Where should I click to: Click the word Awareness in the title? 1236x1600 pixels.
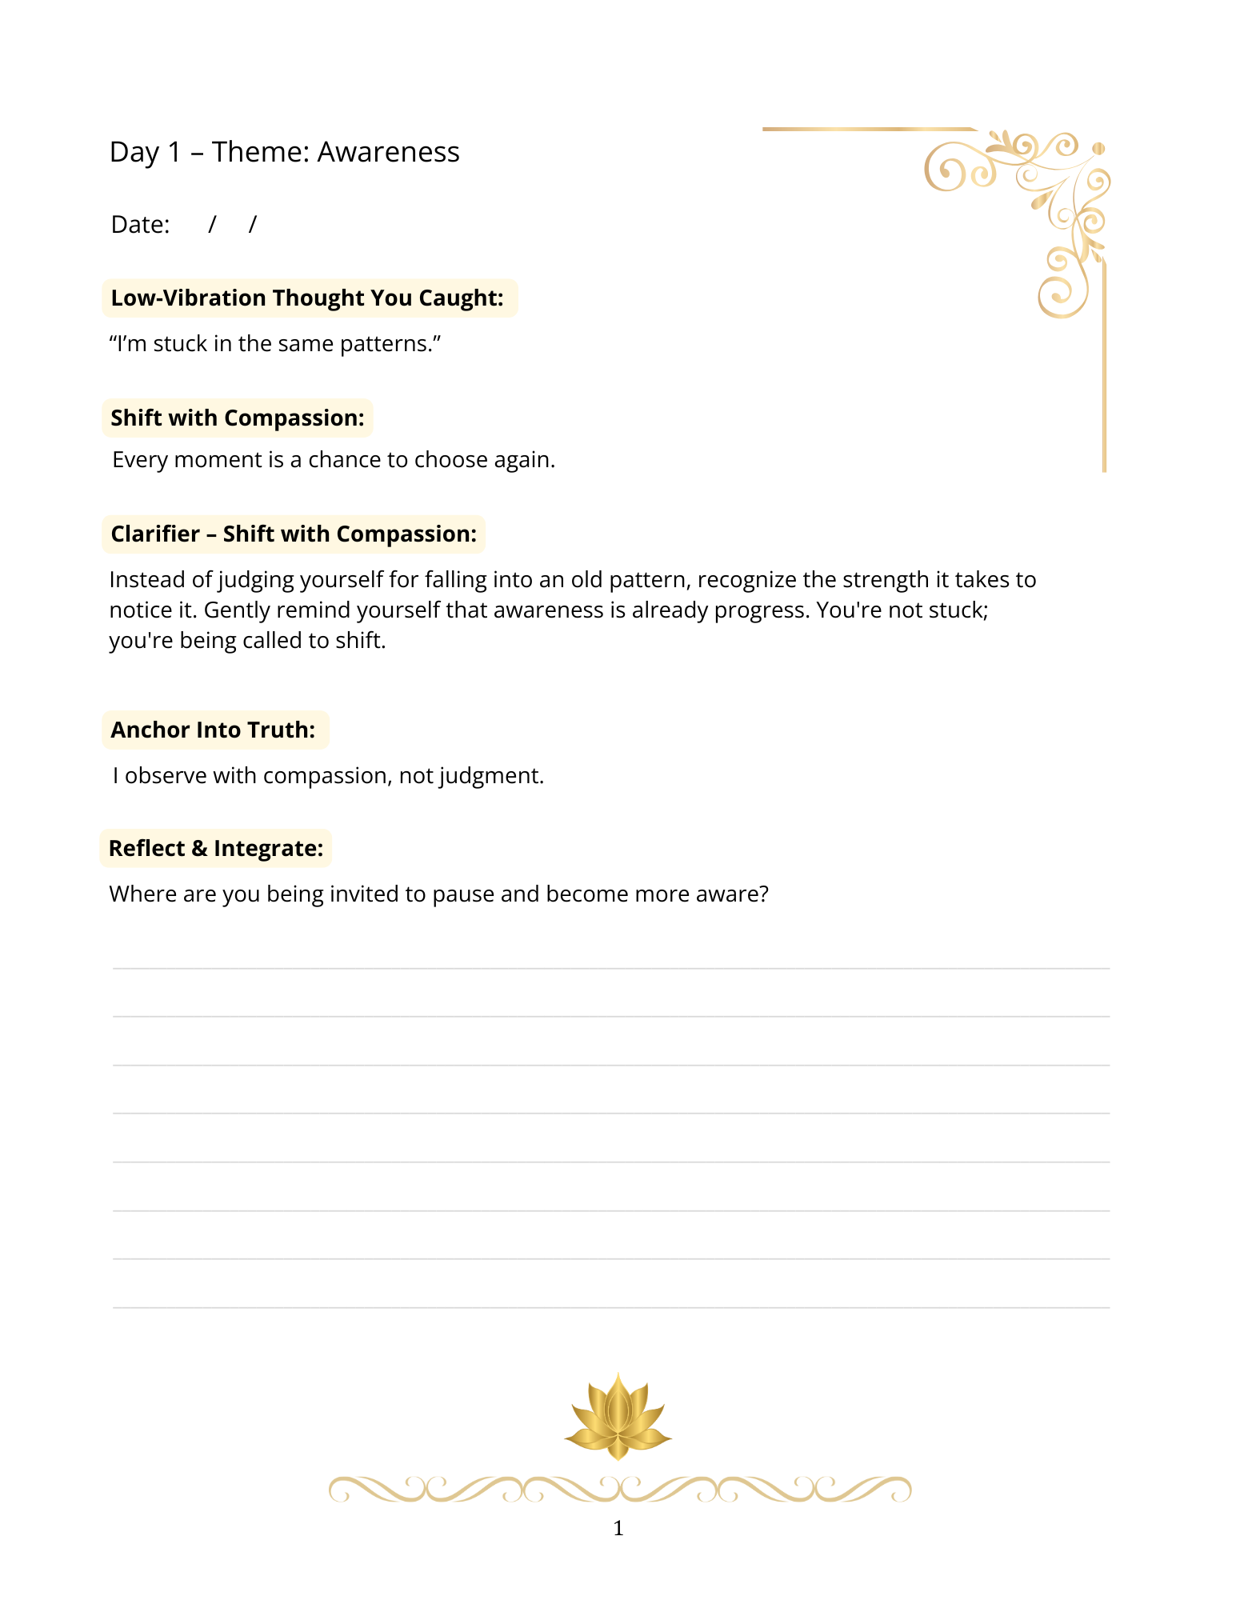pyautogui.click(x=388, y=152)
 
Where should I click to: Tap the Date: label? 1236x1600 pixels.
pyautogui.click(x=140, y=225)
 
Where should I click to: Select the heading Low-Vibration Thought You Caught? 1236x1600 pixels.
pyautogui.click(x=308, y=298)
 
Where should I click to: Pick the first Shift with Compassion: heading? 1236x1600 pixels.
pyautogui.click(x=238, y=418)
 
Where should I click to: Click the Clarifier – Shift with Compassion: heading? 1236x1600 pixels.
pyautogui.click(x=294, y=534)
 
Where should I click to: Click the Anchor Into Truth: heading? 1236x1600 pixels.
pyautogui.click(x=214, y=730)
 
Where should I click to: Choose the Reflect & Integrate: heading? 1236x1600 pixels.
pyautogui.click(x=216, y=849)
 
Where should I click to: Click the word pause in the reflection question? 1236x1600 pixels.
pyautogui.click(x=462, y=894)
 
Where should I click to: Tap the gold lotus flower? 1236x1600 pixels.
pyautogui.click(x=618, y=1416)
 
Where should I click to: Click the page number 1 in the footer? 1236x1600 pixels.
pyautogui.click(x=618, y=1529)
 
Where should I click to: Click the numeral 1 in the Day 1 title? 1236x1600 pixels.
pyautogui.click(x=174, y=152)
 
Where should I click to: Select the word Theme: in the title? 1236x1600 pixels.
pyautogui.click(x=260, y=152)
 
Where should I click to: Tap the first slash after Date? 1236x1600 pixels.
pyautogui.click(x=212, y=225)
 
